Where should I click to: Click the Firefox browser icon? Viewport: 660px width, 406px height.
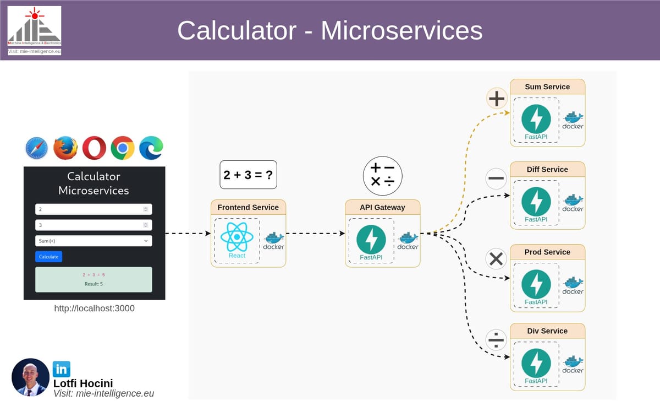point(65,148)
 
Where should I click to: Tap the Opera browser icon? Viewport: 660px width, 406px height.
point(94,148)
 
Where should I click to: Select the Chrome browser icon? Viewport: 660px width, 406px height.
point(123,148)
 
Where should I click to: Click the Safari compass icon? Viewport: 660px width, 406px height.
point(37,148)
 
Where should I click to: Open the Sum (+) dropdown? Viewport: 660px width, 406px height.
point(94,241)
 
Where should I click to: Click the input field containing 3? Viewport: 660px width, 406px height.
point(94,225)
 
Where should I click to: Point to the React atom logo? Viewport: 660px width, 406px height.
point(237,237)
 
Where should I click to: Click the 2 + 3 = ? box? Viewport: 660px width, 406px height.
point(248,175)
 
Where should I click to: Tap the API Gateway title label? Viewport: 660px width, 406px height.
point(382,207)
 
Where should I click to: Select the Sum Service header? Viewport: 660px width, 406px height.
point(547,86)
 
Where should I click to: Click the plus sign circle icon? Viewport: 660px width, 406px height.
point(497,99)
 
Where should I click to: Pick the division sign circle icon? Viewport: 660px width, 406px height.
point(497,339)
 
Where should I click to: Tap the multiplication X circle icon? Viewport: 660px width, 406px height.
point(497,259)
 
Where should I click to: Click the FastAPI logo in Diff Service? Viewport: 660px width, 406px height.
point(536,202)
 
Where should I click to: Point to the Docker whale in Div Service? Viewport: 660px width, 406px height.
point(573,362)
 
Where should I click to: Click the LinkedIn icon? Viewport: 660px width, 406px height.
point(61,369)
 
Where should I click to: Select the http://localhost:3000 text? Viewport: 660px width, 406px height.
point(94,308)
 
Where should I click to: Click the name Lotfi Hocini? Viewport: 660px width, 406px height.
point(83,383)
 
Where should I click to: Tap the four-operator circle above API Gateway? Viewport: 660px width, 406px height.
point(382,175)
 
